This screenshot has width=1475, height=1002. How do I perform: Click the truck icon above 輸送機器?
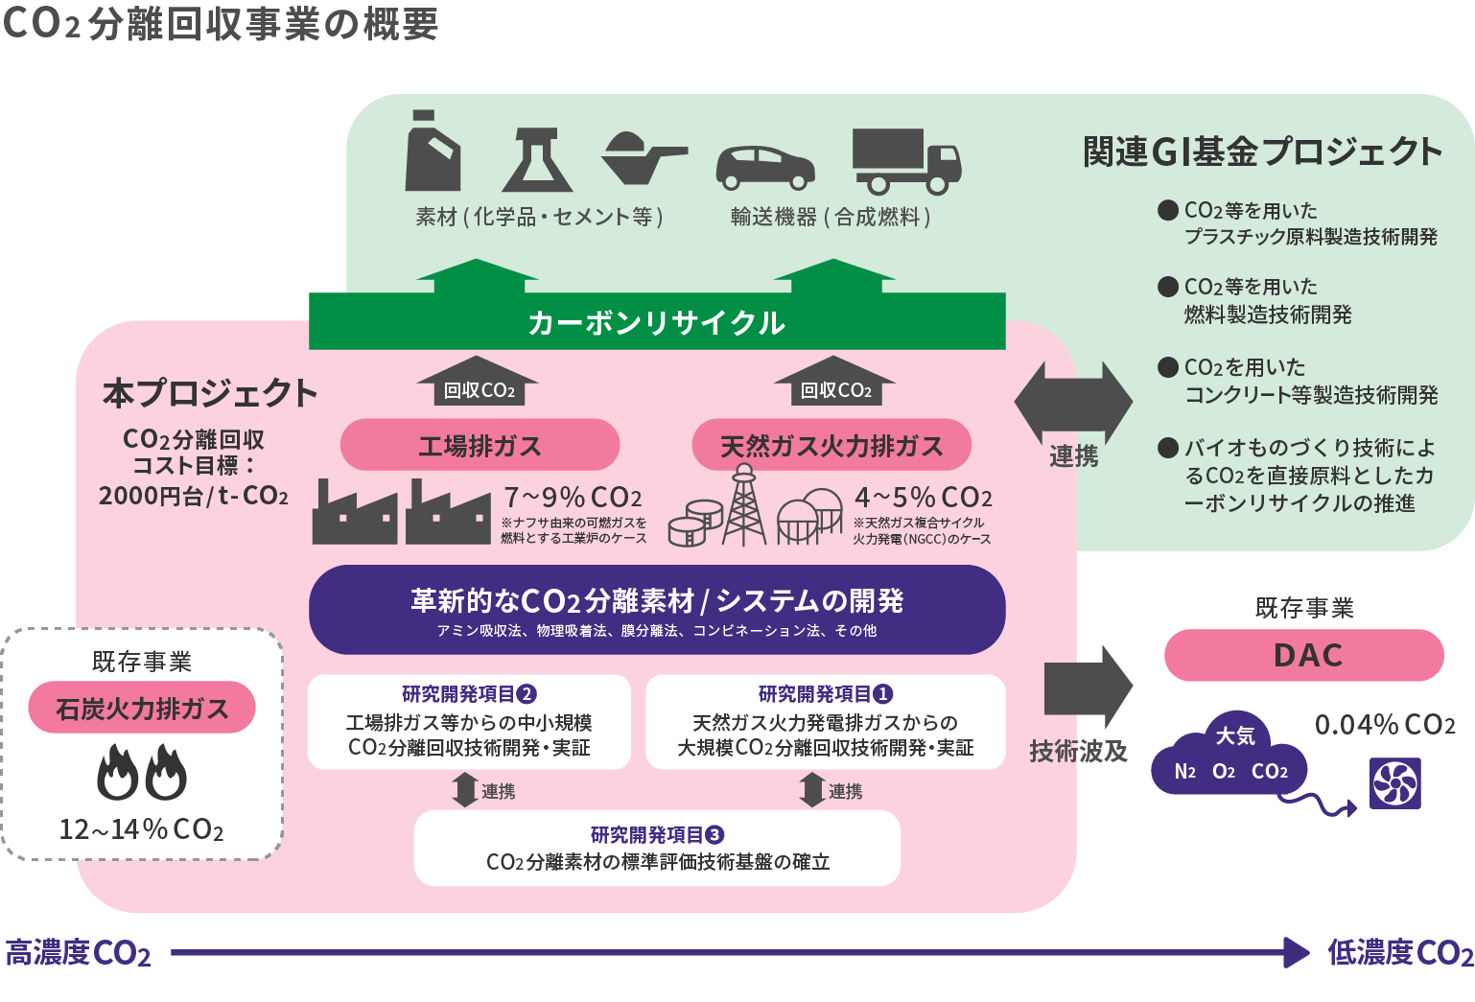tap(905, 161)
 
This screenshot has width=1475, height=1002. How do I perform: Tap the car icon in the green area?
tap(765, 167)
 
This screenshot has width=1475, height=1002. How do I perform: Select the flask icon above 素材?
tap(538, 160)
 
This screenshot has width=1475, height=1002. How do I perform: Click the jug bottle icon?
tap(433, 152)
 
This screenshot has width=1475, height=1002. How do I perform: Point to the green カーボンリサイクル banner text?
tap(657, 323)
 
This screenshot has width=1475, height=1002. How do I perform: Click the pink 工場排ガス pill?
tap(480, 445)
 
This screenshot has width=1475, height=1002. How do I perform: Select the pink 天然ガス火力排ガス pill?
tap(831, 445)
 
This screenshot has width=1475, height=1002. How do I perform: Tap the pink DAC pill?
tap(1303, 655)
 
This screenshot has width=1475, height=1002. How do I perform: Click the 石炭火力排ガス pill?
tap(142, 708)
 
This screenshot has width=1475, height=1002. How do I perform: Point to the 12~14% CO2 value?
tap(142, 829)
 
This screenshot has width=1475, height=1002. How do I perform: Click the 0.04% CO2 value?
tap(1384, 725)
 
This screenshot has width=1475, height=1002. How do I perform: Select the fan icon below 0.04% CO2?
tap(1395, 783)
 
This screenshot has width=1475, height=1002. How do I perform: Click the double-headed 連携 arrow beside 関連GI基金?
tap(1073, 402)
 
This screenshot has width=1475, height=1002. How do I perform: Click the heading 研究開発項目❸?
tap(657, 834)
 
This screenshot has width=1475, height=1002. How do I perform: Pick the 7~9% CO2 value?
tap(573, 498)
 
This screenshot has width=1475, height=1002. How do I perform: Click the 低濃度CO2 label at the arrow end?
tap(1399, 952)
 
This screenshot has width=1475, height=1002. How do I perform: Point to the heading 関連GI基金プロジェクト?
tap(1262, 151)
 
